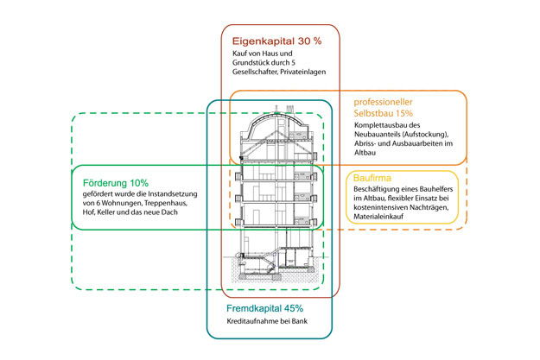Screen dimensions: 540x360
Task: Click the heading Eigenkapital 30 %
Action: (276, 41)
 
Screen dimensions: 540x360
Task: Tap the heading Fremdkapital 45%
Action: (265, 308)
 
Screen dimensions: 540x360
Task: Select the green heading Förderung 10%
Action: (116, 183)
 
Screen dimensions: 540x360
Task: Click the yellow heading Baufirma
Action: (372, 178)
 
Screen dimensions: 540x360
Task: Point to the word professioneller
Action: (383, 102)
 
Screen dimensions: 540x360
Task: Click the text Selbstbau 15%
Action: (384, 113)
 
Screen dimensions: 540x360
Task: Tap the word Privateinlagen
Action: (303, 73)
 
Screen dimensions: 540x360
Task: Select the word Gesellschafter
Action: (255, 73)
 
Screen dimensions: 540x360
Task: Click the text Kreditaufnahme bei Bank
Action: (267, 321)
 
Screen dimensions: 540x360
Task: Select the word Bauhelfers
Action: (435, 189)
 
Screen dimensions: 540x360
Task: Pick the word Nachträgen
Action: (430, 207)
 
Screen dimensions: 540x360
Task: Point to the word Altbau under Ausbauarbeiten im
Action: (365, 153)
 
